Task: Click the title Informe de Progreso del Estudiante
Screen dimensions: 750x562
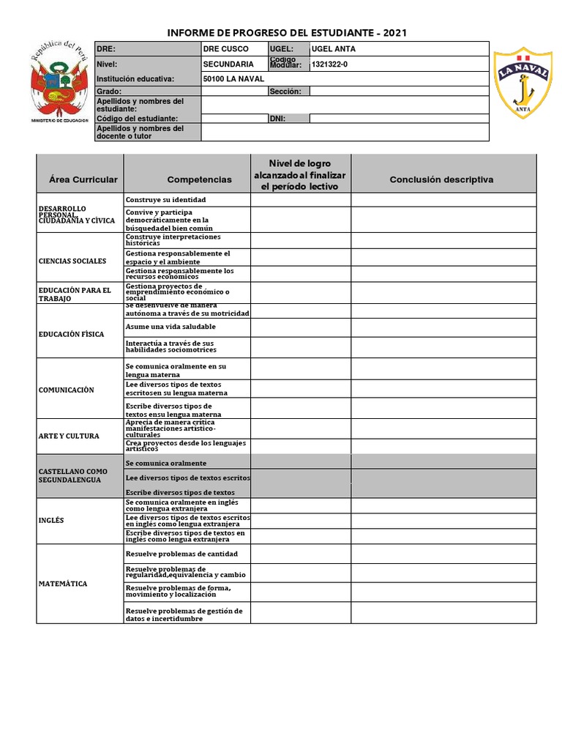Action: coord(287,33)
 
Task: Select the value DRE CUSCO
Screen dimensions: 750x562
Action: coord(226,49)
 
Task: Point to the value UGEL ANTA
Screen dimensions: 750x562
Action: coord(334,49)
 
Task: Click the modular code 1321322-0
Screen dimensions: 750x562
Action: coord(330,64)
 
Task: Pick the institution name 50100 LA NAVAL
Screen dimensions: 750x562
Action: coord(230,78)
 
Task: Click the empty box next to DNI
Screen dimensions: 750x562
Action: coord(399,118)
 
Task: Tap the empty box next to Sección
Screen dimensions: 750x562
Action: coord(399,92)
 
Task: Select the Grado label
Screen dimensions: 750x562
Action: coord(108,92)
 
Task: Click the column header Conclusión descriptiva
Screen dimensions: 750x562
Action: coord(441,179)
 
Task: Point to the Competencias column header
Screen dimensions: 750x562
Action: coord(199,179)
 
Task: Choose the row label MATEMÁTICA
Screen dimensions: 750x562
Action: coord(63,584)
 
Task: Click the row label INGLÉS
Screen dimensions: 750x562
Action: coord(51,520)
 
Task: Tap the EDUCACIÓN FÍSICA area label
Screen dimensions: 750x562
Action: coord(71,334)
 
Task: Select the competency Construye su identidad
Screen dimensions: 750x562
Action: coord(166,200)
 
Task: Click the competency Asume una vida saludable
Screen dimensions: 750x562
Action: coord(171,327)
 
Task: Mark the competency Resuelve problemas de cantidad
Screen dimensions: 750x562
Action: coord(181,554)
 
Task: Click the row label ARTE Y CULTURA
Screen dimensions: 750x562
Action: coord(68,436)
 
